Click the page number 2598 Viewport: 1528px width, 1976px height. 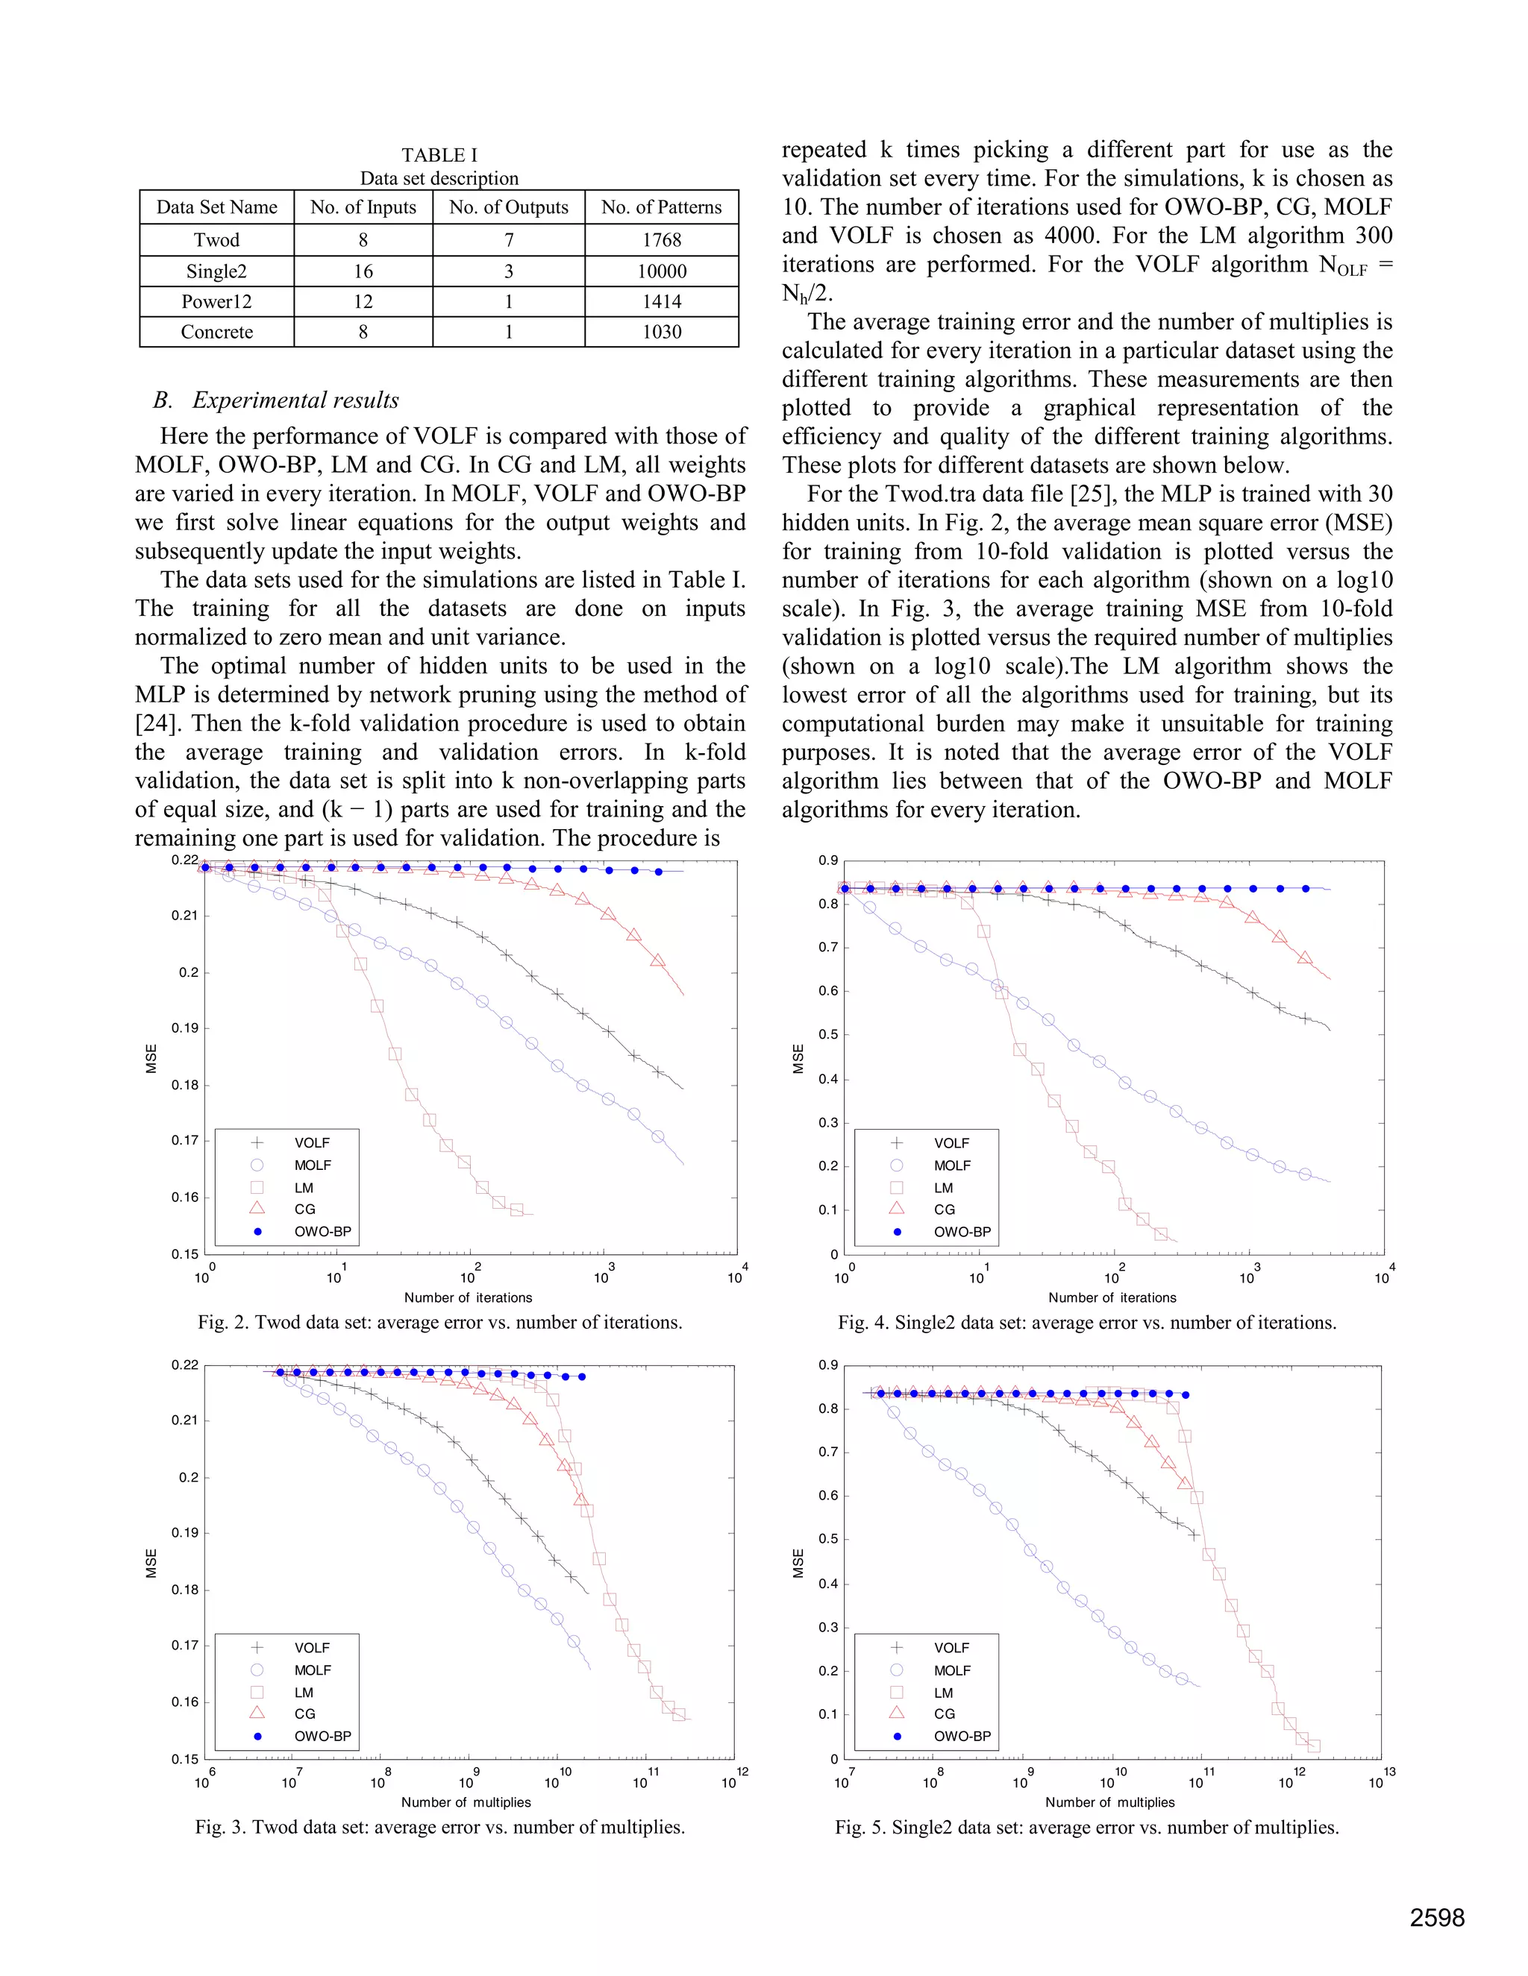point(1436,1917)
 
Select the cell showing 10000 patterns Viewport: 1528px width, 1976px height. point(662,271)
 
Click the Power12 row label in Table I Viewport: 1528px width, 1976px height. point(216,301)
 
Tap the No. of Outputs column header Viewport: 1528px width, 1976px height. point(509,207)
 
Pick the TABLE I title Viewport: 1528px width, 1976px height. point(439,154)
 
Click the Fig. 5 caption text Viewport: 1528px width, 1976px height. point(1086,1827)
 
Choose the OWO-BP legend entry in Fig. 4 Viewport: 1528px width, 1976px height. point(962,1231)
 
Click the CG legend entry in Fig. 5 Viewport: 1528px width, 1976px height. point(944,1714)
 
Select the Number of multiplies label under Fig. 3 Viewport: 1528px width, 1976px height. point(466,1802)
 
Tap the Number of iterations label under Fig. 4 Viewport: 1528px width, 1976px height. point(1112,1297)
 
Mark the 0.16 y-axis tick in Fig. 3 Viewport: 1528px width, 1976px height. point(185,1702)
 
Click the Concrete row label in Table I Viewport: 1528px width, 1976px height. point(216,332)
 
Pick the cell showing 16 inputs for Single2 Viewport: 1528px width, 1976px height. point(363,271)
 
